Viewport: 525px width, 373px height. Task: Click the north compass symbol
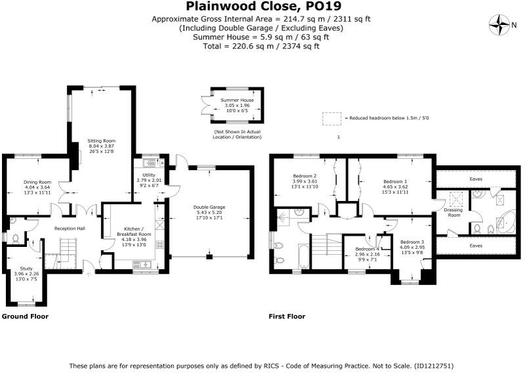pyautogui.click(x=500, y=26)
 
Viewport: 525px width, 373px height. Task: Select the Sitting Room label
pyautogui.click(x=102, y=141)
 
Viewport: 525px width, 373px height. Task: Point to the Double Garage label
pyautogui.click(x=209, y=207)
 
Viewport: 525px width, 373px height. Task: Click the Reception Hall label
pyautogui.click(x=70, y=228)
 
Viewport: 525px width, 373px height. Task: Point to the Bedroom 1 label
pyautogui.click(x=395, y=181)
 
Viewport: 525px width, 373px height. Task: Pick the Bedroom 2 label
pyautogui.click(x=304, y=176)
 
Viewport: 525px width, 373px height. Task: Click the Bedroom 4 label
pyautogui.click(x=367, y=249)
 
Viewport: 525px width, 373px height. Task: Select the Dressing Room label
pyautogui.click(x=455, y=212)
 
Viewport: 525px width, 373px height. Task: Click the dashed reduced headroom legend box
pyautogui.click(x=331, y=118)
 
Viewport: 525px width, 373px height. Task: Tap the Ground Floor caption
pyautogui.click(x=25, y=317)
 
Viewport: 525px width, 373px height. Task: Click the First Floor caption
pyautogui.click(x=287, y=317)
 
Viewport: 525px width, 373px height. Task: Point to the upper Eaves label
pyautogui.click(x=477, y=178)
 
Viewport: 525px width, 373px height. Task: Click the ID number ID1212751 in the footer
pyautogui.click(x=434, y=366)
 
